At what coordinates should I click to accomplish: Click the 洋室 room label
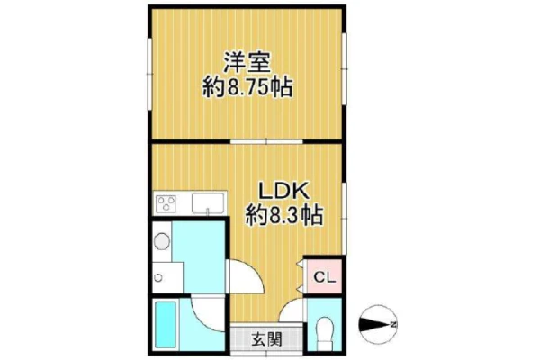[247, 62]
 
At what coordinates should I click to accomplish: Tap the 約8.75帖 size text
[247, 87]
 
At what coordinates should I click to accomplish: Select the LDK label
[283, 191]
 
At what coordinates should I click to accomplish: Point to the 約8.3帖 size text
[284, 215]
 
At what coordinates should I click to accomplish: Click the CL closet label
[324, 278]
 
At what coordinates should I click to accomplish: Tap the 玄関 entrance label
[267, 339]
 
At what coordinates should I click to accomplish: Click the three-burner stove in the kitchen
[166, 202]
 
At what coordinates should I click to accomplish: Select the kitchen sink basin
[208, 203]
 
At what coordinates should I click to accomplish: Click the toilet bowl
[324, 329]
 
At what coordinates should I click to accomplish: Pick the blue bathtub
[166, 324]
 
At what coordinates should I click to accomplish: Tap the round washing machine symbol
[162, 241]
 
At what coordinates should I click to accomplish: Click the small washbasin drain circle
[158, 278]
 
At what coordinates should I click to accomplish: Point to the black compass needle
[374, 324]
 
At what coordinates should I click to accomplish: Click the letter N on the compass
[393, 324]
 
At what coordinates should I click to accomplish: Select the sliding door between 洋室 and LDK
[266, 141]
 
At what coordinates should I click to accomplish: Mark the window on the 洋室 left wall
[149, 74]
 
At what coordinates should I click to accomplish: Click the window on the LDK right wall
[344, 218]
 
